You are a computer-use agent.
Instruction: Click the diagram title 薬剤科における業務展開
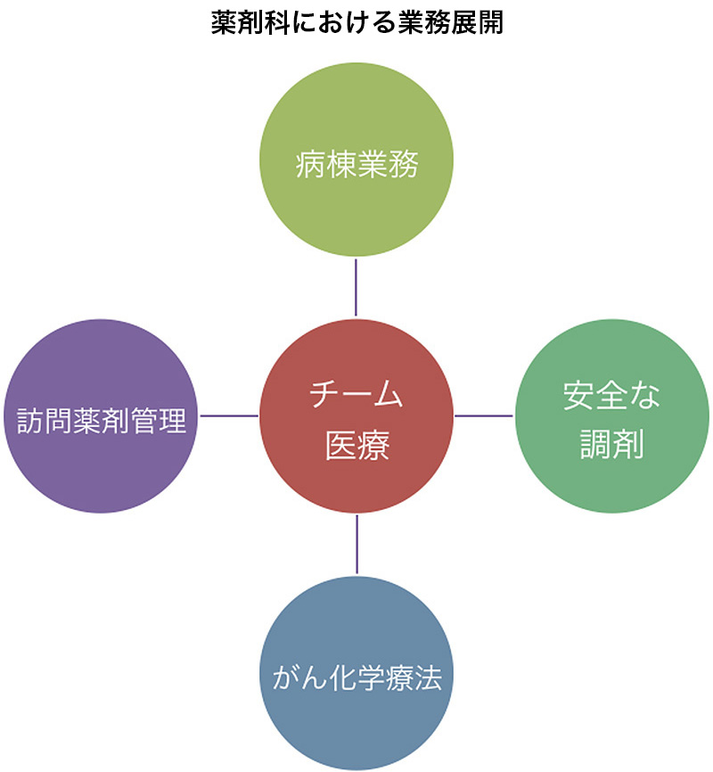click(357, 23)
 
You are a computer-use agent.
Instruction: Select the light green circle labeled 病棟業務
click(356, 159)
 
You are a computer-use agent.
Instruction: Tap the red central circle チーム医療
click(356, 416)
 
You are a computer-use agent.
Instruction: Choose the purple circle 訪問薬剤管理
click(101, 416)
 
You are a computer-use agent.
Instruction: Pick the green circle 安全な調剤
click(612, 416)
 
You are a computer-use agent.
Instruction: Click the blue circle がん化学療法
click(356, 673)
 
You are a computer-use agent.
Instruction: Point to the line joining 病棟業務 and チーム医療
click(356, 288)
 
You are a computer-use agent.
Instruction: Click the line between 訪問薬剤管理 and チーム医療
click(229, 415)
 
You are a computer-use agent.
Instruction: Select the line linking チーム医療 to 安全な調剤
click(484, 415)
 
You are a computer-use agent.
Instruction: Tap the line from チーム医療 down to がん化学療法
click(356, 545)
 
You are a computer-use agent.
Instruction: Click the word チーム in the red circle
click(356, 394)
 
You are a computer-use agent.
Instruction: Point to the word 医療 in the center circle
click(357, 445)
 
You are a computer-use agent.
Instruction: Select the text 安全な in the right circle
click(611, 395)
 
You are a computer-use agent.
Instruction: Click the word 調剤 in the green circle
click(612, 444)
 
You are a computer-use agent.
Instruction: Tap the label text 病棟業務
click(357, 164)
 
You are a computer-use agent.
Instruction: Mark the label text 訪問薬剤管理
click(102, 421)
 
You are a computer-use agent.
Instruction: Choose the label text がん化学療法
click(357, 678)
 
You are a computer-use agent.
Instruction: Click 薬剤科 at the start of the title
click(250, 23)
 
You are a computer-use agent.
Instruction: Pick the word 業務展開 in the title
click(451, 23)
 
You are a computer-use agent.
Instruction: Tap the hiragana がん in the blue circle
click(299, 678)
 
